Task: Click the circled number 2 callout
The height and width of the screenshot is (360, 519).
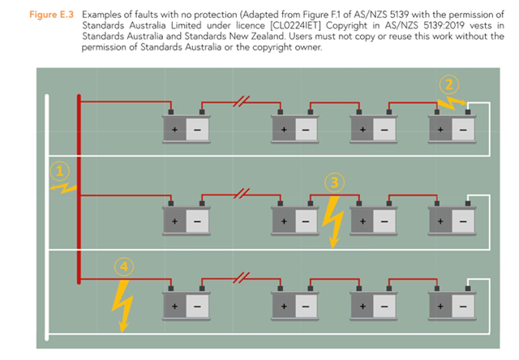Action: point(452,84)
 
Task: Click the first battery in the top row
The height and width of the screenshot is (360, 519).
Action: point(187,127)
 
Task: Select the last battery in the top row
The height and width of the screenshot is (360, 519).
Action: point(452,127)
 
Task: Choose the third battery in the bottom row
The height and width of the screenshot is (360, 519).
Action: point(373,305)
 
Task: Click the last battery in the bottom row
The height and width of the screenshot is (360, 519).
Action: point(452,305)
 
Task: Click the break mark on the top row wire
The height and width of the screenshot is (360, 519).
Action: point(240,101)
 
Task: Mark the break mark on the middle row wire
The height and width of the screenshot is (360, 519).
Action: point(240,195)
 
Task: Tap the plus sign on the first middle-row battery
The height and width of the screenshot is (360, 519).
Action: point(174,220)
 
